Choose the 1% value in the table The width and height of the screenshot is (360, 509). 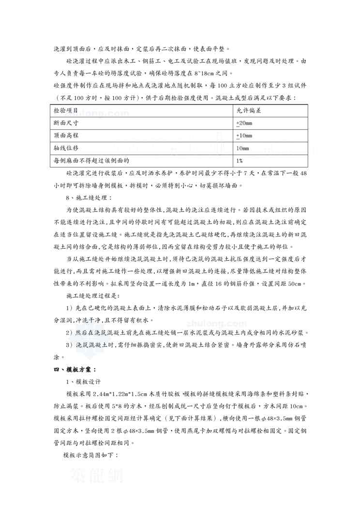point(239,160)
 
